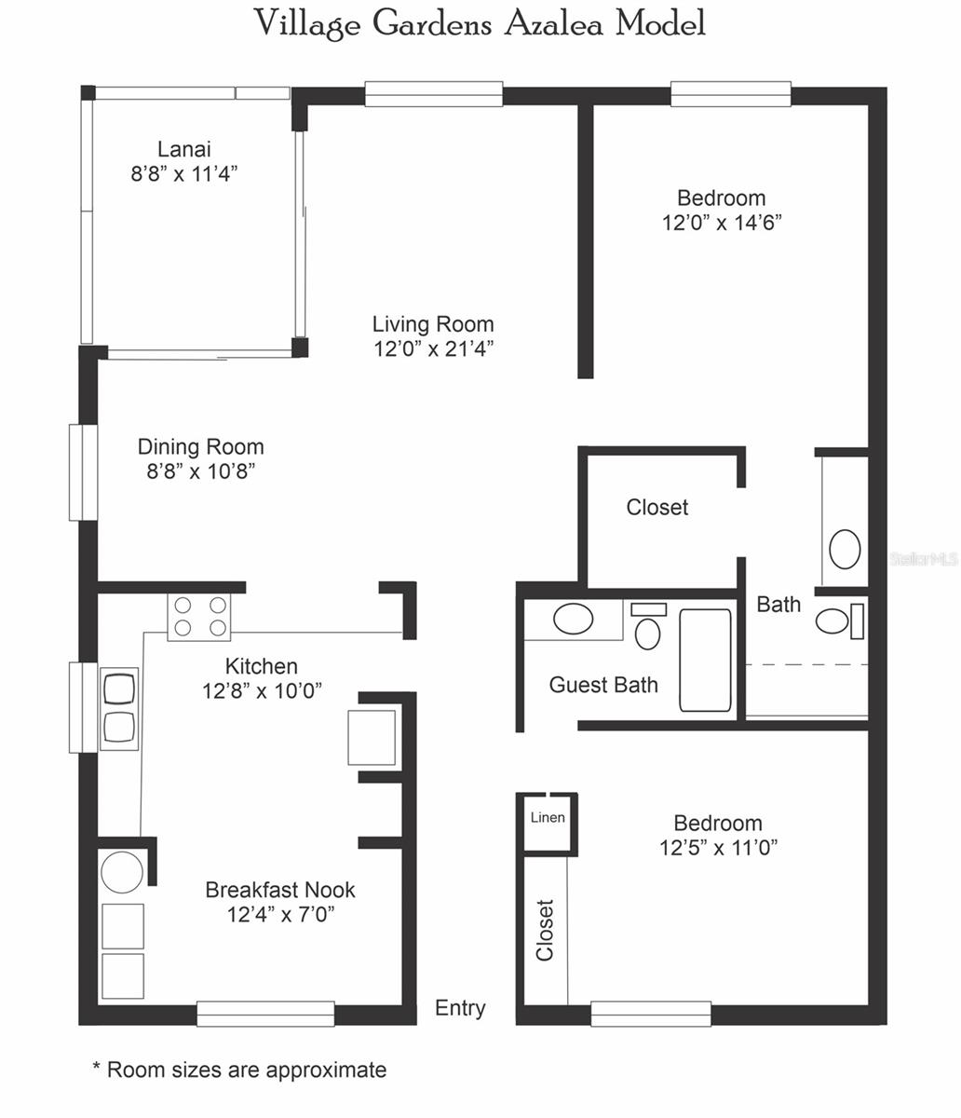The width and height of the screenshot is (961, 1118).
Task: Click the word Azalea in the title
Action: click(554, 23)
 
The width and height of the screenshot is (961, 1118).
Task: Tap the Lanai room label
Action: click(183, 149)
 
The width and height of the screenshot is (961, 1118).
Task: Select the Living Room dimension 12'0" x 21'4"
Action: click(433, 349)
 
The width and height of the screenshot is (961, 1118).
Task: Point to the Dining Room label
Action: click(200, 447)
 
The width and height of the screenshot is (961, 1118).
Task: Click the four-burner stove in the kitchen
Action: click(199, 616)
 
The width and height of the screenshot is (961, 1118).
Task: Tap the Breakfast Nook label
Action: click(280, 890)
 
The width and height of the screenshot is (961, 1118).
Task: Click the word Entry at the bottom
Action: click(460, 1008)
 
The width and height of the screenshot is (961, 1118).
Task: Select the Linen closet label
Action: click(548, 818)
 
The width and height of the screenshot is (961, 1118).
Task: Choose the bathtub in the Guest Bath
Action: click(705, 660)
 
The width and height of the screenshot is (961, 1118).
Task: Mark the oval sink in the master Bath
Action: click(845, 549)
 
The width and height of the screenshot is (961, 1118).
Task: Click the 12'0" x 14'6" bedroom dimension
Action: click(721, 224)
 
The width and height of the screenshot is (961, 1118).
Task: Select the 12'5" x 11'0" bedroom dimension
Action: click(718, 848)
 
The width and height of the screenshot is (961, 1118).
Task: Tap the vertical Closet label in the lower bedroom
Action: click(545, 930)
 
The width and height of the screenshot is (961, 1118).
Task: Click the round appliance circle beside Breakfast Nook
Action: click(122, 872)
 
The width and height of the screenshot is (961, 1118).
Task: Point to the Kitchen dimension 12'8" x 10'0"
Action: click(262, 691)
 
